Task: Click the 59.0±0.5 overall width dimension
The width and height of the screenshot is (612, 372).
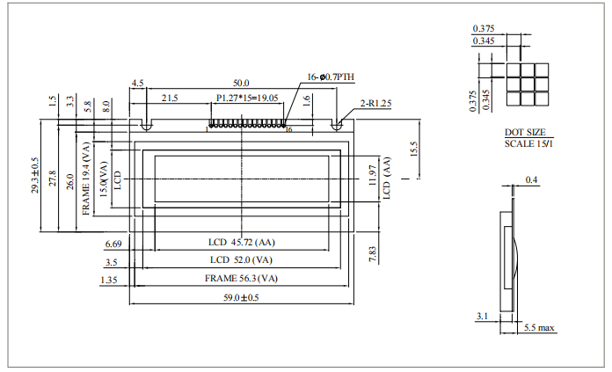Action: coord(240,298)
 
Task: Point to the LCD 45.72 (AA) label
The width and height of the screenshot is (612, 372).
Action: coord(240,242)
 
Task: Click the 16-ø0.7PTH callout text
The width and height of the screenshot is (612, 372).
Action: coord(331,77)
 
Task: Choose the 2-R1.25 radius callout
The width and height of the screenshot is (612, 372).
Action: coord(375,104)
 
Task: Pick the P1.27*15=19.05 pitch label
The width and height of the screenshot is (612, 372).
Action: coord(247,98)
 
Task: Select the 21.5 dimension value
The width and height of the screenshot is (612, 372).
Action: coord(170,98)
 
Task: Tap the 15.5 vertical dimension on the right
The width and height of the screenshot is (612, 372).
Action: coord(412,149)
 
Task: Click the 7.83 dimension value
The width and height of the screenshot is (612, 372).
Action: coord(373,253)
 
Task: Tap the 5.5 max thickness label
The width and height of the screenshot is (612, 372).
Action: coord(540,328)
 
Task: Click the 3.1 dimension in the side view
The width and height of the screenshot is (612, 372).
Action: coord(481,316)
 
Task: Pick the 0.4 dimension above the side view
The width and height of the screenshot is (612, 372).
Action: coord(531,180)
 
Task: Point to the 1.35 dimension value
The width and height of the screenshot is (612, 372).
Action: coord(111,280)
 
